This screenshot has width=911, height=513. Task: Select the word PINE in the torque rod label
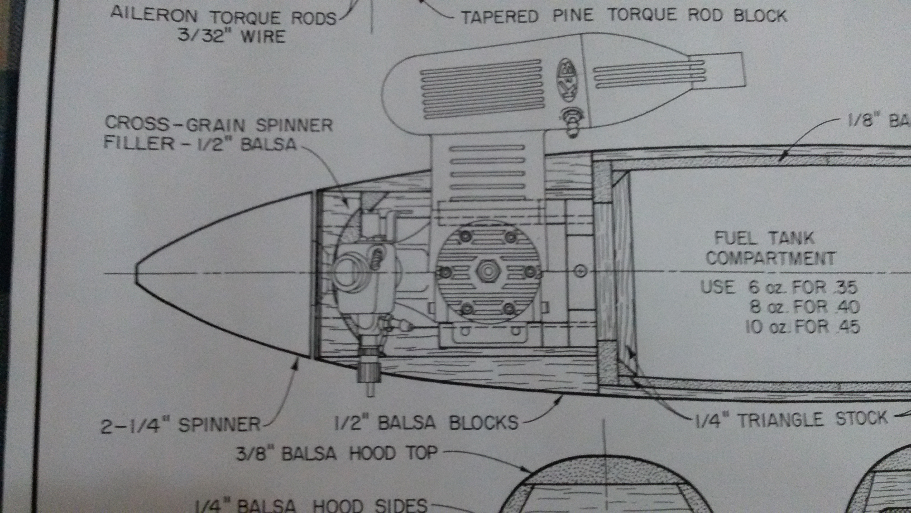tap(573, 16)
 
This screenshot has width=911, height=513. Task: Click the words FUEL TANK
tap(764, 238)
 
